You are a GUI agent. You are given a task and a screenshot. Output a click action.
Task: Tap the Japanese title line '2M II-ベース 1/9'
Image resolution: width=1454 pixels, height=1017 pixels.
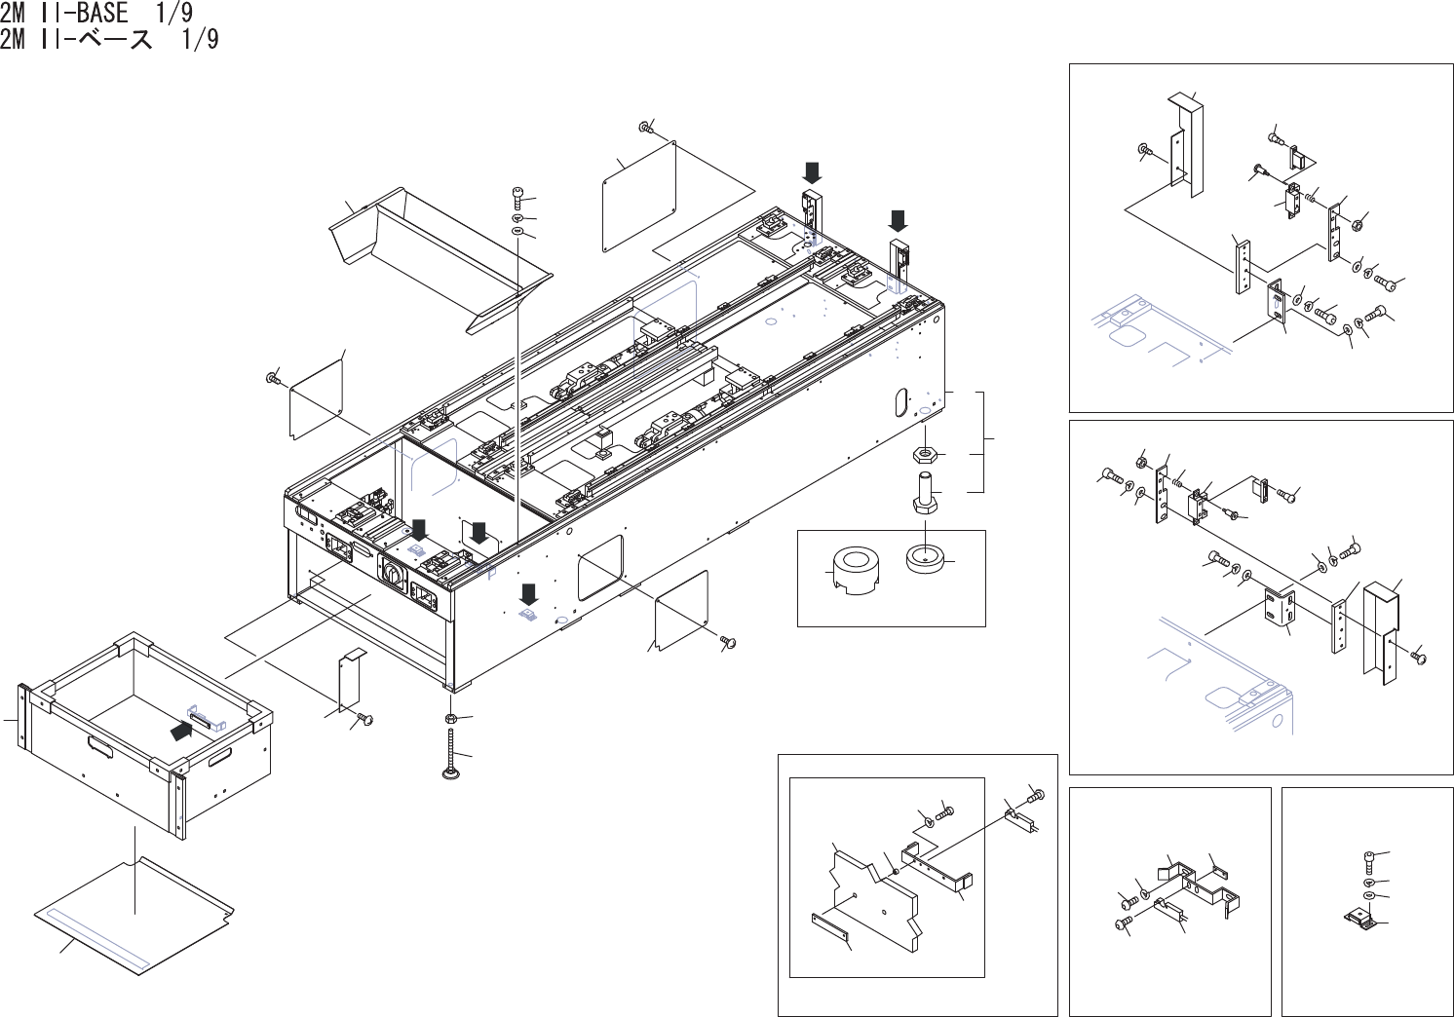pos(109,39)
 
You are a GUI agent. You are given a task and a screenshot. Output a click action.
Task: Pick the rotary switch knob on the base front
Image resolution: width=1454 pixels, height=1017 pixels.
pos(396,576)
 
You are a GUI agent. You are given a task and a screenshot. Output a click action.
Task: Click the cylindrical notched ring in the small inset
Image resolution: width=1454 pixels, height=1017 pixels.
pos(855,574)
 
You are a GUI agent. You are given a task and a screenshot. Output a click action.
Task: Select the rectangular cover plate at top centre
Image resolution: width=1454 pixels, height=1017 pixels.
pos(639,197)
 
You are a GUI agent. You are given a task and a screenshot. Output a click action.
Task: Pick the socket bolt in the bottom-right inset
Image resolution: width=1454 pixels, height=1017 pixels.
pos(1370,861)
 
